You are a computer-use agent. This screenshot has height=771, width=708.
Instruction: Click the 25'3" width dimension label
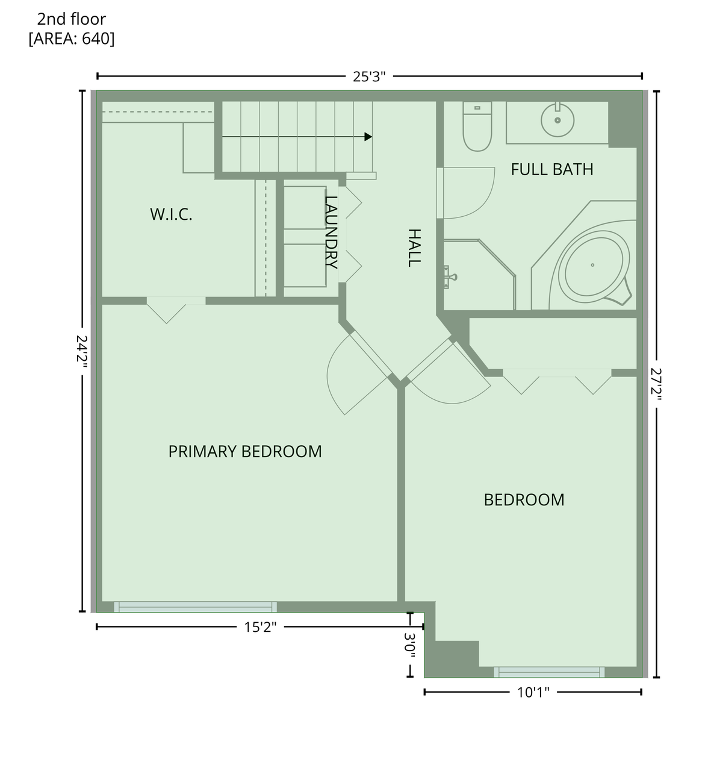click(x=369, y=76)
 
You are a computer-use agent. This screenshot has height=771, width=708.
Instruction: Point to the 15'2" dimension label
click(x=260, y=627)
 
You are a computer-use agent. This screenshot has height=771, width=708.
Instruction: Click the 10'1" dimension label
click(x=533, y=692)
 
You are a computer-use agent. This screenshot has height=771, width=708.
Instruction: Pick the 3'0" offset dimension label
click(x=410, y=645)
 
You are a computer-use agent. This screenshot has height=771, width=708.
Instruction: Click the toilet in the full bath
click(x=477, y=127)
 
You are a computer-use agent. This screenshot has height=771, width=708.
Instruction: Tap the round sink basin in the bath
click(x=558, y=120)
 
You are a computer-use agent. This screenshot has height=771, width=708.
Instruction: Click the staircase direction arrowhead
click(x=368, y=137)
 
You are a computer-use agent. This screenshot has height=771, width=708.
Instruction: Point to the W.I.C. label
click(x=171, y=214)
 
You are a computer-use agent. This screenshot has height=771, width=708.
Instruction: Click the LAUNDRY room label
click(x=331, y=232)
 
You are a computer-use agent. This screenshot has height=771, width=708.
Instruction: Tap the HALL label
click(x=414, y=247)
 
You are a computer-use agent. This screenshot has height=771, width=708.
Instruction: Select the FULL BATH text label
click(x=551, y=169)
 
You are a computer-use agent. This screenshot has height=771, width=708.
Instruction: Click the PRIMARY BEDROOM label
click(x=244, y=451)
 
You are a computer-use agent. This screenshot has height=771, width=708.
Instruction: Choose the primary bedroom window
click(x=196, y=607)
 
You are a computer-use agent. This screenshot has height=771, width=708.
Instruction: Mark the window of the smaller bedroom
click(x=549, y=672)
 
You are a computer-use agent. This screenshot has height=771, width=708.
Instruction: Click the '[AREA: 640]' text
click(x=71, y=39)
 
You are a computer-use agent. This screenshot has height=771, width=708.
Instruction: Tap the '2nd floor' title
click(x=71, y=19)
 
